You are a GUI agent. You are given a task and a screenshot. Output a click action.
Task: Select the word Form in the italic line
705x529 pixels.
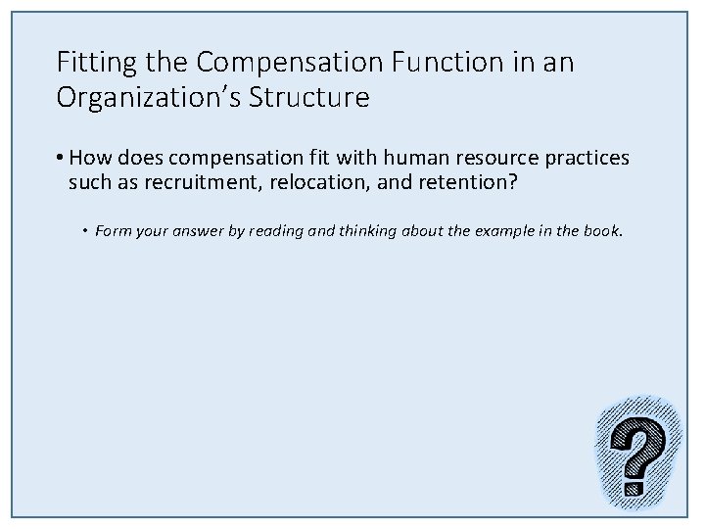[111, 231]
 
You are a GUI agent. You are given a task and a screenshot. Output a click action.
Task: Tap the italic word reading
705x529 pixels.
[254, 232]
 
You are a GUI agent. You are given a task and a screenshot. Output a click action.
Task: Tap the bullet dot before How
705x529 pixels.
[61, 158]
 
